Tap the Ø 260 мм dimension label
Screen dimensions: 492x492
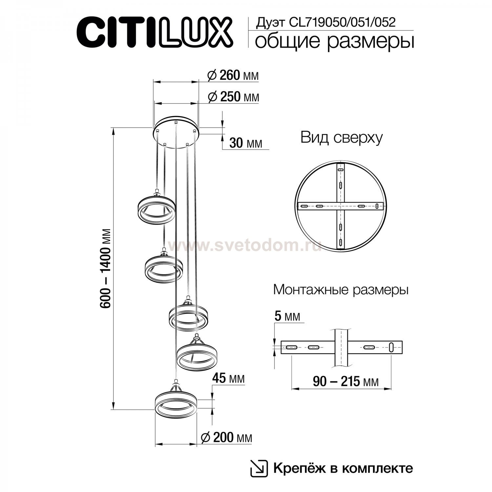click(233, 75)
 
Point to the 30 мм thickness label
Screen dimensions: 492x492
click(246, 143)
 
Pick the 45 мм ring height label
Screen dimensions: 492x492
click(229, 379)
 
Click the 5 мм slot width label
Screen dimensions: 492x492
click(287, 316)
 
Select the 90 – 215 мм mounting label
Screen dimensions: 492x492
click(345, 381)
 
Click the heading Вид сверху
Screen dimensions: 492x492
click(341, 138)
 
